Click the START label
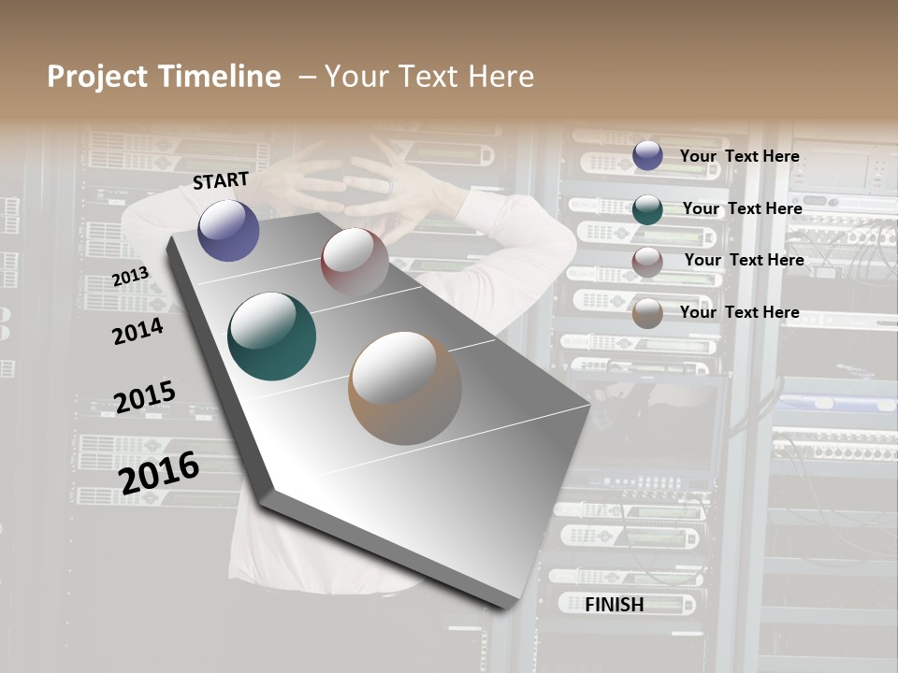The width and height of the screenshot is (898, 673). (x=221, y=180)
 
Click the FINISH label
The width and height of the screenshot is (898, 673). (x=615, y=605)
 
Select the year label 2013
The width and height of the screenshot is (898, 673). (x=130, y=277)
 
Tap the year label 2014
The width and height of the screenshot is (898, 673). (x=138, y=331)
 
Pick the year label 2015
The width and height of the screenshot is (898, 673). (x=144, y=397)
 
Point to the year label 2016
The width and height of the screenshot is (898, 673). (x=159, y=472)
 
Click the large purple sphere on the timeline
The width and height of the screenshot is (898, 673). (x=228, y=230)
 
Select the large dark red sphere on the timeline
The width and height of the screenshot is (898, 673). (x=355, y=261)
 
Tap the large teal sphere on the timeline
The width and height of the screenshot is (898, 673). (x=271, y=336)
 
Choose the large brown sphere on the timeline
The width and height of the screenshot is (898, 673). (x=404, y=387)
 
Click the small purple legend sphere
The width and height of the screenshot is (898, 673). (x=647, y=155)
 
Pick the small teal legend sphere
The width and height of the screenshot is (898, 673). (x=647, y=209)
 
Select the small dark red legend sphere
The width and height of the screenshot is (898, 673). (x=647, y=262)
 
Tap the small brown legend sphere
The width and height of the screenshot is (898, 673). (x=647, y=313)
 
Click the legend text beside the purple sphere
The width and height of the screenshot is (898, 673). (x=739, y=156)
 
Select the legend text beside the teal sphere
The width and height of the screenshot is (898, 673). (x=742, y=208)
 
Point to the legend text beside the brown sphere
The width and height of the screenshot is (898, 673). (x=739, y=312)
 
